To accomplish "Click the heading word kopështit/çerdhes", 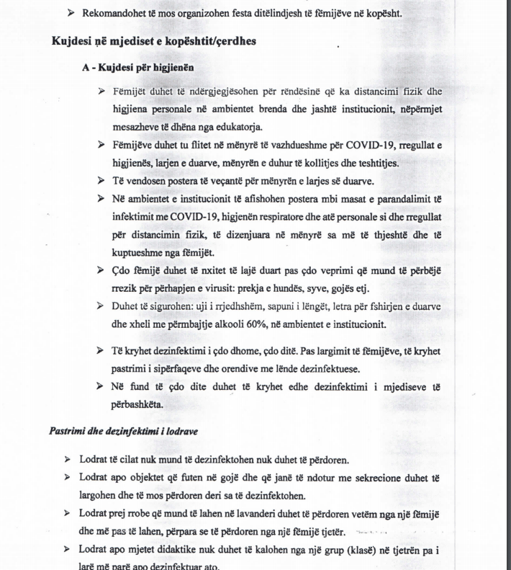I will [x=211, y=41].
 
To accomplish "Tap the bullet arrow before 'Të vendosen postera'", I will [x=101, y=180].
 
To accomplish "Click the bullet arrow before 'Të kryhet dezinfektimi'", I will [x=101, y=350].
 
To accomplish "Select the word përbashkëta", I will [x=137, y=404].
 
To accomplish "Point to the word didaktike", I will [x=179, y=550].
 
